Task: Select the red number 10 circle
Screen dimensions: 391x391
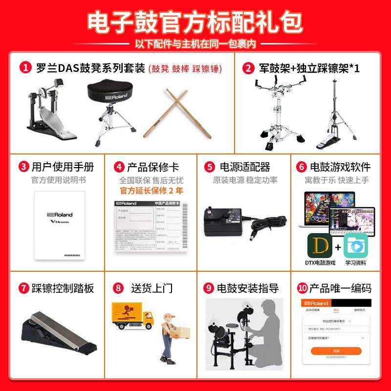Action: click(x=304, y=288)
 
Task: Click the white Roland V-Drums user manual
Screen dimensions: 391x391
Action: click(x=60, y=224)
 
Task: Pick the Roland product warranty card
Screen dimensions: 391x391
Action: click(x=150, y=227)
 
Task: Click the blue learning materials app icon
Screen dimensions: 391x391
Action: click(x=355, y=245)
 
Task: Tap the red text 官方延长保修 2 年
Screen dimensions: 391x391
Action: click(x=152, y=190)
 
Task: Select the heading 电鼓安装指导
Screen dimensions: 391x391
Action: click(x=248, y=288)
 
